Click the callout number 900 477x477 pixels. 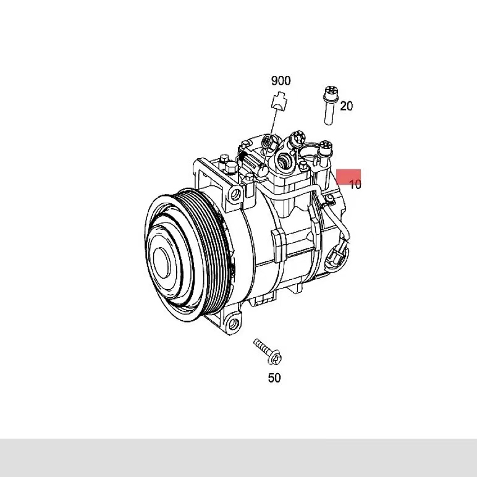pyautogui.click(x=281, y=81)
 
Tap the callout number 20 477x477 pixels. pyautogui.click(x=347, y=106)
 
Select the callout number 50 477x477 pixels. pyautogui.click(x=274, y=378)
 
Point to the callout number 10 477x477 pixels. pyautogui.click(x=355, y=184)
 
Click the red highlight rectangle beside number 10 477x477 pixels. pyautogui.click(x=348, y=177)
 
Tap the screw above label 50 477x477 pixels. pyautogui.click(x=268, y=352)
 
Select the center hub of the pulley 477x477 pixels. pyautogui.click(x=161, y=262)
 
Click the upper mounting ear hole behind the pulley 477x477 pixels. pyautogui.click(x=236, y=194)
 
